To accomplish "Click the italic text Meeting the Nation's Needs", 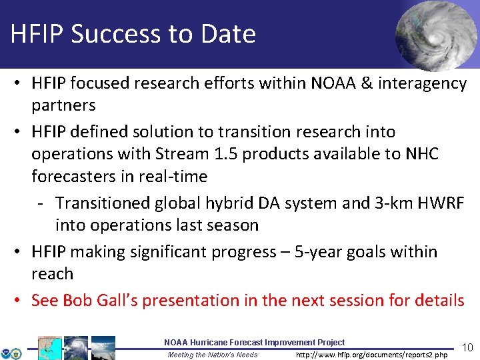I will [x=212, y=355].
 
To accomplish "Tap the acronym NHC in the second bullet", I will [x=421, y=154].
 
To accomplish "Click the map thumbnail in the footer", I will [x=49, y=348].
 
